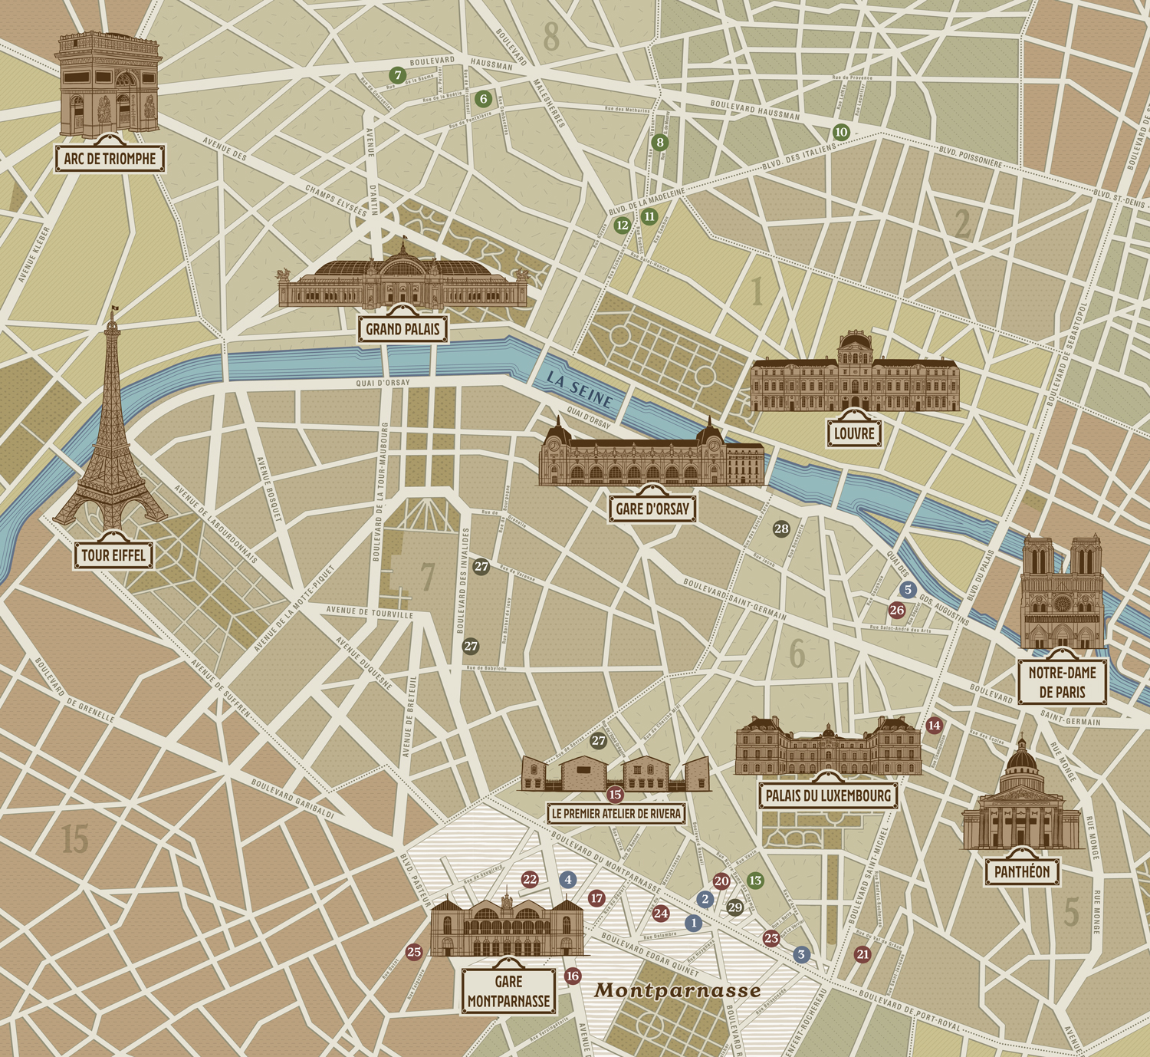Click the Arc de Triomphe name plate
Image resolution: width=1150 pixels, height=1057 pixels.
point(110,159)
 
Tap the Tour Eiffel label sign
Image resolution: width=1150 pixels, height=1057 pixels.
point(113,555)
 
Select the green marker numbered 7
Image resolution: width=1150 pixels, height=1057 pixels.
point(396,75)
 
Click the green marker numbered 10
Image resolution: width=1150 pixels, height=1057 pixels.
point(841,132)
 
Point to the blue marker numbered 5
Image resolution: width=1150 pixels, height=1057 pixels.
point(909,590)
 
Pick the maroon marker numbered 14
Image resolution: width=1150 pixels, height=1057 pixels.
point(934,726)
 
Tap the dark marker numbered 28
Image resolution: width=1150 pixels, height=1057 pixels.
point(781,528)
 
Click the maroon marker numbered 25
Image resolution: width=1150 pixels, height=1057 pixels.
point(414,953)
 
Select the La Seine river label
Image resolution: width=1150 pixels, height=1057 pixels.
point(580,390)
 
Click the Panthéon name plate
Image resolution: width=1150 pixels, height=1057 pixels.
point(1022,871)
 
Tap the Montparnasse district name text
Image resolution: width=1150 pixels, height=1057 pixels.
point(678,990)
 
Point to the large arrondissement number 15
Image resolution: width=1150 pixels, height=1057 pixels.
point(75,839)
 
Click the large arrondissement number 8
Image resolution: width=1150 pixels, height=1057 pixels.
point(551,37)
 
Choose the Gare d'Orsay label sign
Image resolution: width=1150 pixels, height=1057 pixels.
point(652,508)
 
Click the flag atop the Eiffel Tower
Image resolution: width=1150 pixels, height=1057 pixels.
point(116,310)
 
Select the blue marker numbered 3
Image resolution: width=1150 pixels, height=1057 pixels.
point(801,955)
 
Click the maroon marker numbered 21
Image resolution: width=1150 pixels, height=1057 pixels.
point(863,954)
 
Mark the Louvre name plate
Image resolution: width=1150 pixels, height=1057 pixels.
point(854,433)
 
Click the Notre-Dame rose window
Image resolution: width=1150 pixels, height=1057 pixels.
point(1062,604)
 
